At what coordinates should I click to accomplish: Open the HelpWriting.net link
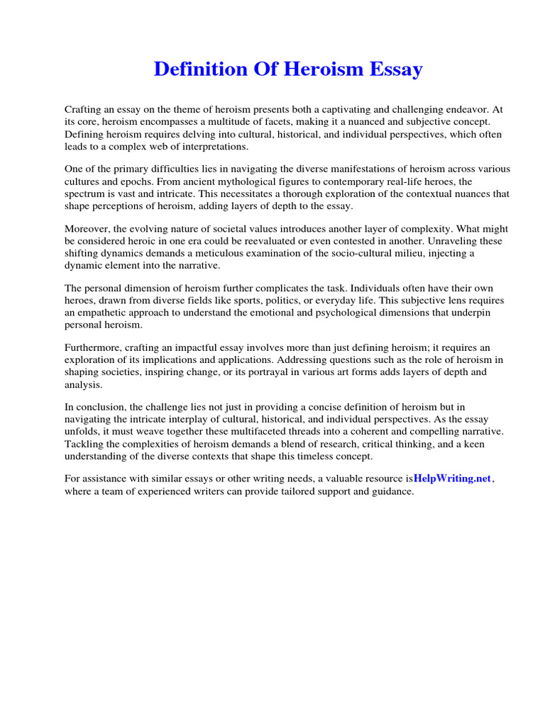point(452,478)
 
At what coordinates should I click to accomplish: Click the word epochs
point(138,181)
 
